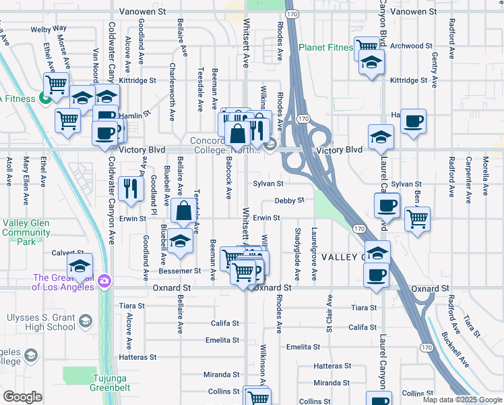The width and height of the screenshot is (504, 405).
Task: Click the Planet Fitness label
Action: click(326, 47)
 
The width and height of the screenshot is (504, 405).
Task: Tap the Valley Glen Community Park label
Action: click(26, 232)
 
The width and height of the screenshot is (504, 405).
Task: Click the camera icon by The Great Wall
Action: click(104, 280)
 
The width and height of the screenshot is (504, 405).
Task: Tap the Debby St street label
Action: click(290, 200)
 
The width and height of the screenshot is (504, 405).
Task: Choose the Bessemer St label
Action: click(179, 271)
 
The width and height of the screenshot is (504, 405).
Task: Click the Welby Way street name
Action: click(49, 29)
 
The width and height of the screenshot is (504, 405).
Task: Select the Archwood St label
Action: click(410, 46)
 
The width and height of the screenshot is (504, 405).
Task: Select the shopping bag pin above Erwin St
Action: click(183, 211)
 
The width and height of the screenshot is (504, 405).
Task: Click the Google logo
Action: click(22, 397)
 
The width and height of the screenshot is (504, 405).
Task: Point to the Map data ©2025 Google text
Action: click(462, 400)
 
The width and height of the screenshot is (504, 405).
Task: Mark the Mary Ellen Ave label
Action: click(26, 171)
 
